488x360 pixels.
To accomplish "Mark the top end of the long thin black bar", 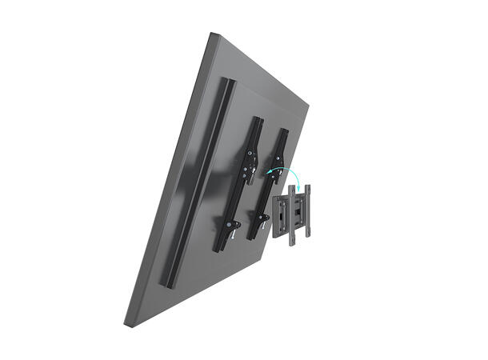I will (x=230, y=82).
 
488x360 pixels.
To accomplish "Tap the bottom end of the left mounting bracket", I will (x=217, y=250).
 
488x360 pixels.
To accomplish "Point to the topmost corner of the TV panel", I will (x=213, y=34).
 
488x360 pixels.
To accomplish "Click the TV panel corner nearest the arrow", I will (x=307, y=104).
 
